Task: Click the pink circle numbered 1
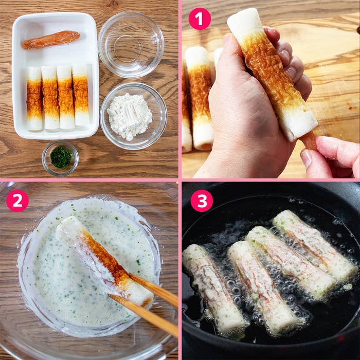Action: [200, 19]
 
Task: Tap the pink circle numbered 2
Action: [17, 201]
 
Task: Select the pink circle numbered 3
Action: [202, 201]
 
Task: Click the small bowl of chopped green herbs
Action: [61, 157]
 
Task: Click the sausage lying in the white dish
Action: [51, 39]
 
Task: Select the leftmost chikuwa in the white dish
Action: [34, 98]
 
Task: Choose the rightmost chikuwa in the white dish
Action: [81, 95]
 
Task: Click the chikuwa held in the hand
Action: [273, 77]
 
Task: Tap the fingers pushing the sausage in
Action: [329, 157]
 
